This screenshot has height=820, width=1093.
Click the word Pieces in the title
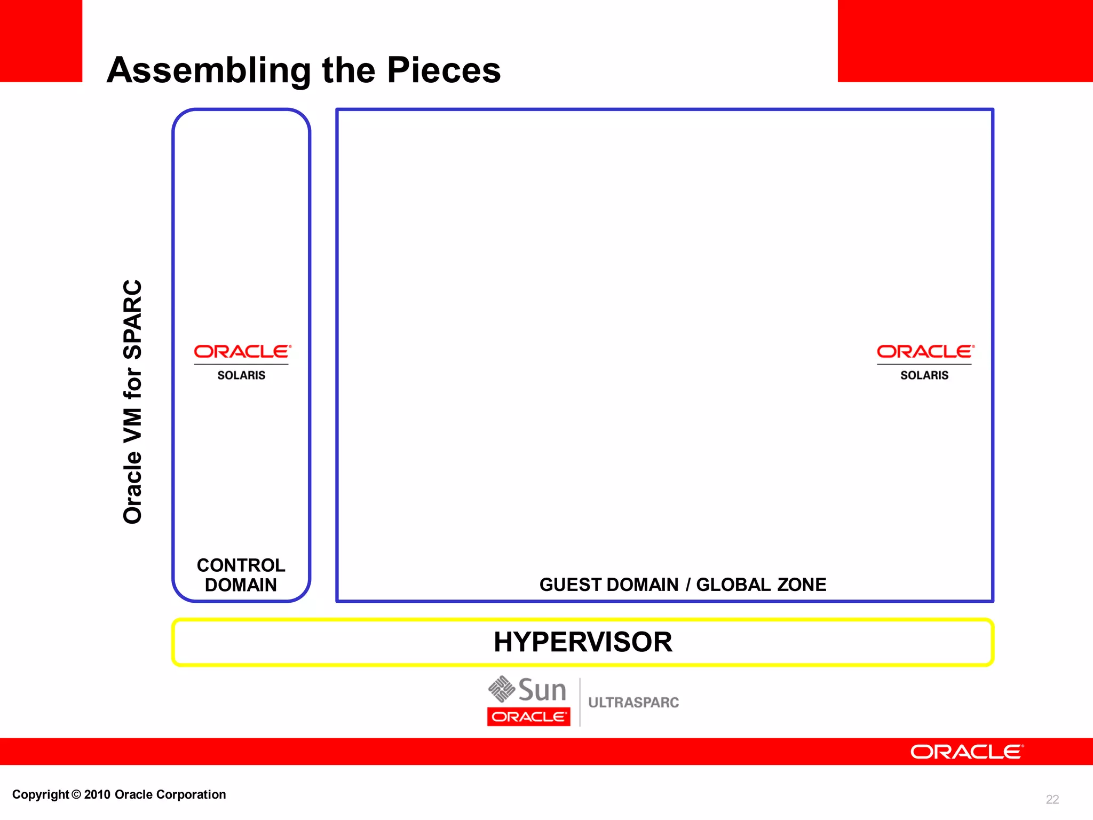(x=443, y=70)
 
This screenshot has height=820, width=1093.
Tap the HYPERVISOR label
(x=583, y=642)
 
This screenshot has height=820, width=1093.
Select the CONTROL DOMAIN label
(x=241, y=575)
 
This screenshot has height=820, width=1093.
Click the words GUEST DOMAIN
(x=609, y=585)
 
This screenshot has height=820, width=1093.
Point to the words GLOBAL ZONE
(x=761, y=585)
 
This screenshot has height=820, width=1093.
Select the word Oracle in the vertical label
(x=133, y=487)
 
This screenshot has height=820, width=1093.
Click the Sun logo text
(x=542, y=690)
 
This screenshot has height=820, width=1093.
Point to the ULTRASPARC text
(x=633, y=703)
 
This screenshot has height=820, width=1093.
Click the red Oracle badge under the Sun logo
(x=528, y=716)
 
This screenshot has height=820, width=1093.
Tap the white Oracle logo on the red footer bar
(x=967, y=752)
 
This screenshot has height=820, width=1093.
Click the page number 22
(x=1052, y=799)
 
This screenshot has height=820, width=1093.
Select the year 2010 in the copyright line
(x=97, y=794)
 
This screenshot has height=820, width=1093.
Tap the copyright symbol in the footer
(x=76, y=794)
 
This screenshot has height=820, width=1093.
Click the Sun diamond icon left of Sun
(x=501, y=689)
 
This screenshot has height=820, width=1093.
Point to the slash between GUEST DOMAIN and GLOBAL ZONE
(x=688, y=585)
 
